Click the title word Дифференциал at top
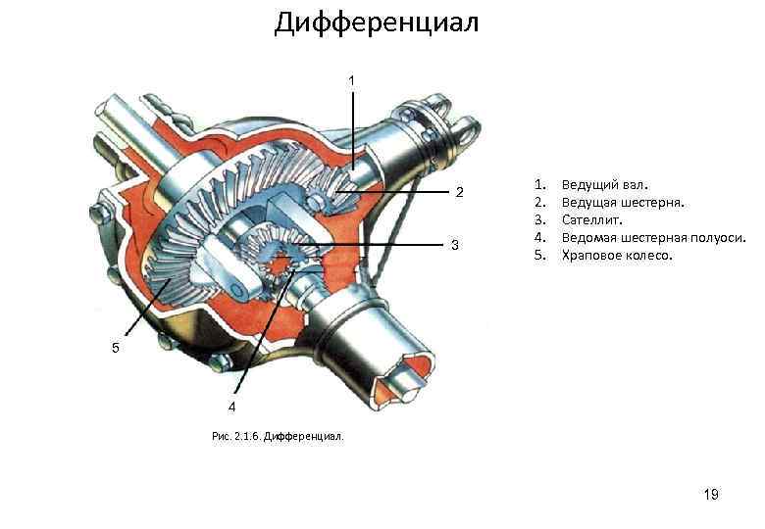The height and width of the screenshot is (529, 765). click(x=377, y=22)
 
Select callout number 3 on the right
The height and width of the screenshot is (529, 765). click(x=454, y=243)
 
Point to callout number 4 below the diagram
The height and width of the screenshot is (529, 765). click(x=232, y=406)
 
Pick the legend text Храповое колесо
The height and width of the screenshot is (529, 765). click(x=617, y=255)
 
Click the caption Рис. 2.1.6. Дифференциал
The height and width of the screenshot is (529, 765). click(x=278, y=436)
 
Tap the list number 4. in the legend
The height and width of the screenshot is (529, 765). click(x=537, y=237)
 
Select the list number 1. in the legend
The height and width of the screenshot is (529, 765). click(x=537, y=184)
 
